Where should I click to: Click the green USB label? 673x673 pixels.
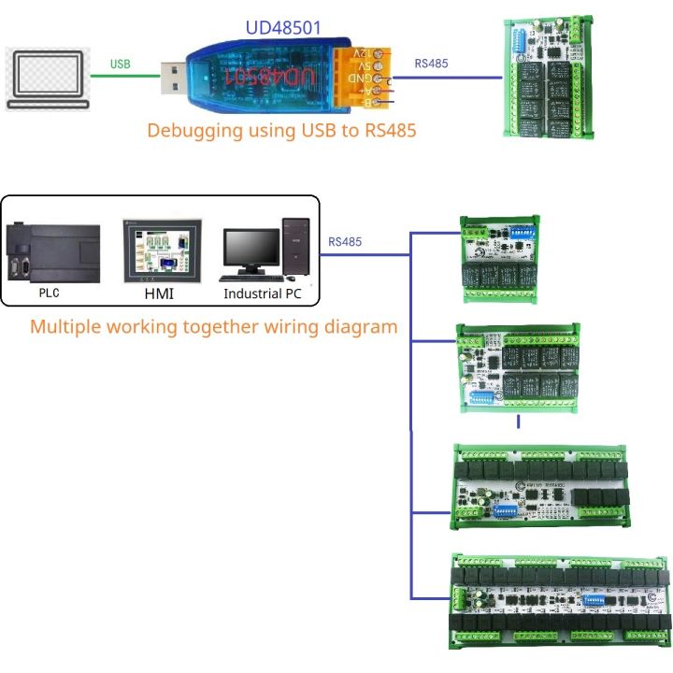121,64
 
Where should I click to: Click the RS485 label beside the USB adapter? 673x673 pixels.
431,64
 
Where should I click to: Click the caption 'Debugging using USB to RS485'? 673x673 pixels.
281,130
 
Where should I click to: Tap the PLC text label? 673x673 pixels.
49,293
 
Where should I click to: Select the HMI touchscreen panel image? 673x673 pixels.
161,250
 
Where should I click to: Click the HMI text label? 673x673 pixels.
161,294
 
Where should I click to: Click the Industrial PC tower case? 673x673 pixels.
296,247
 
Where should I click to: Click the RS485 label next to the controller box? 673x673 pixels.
345,241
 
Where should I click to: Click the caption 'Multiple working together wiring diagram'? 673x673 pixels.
213,327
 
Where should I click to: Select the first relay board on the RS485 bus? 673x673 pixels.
502,259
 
